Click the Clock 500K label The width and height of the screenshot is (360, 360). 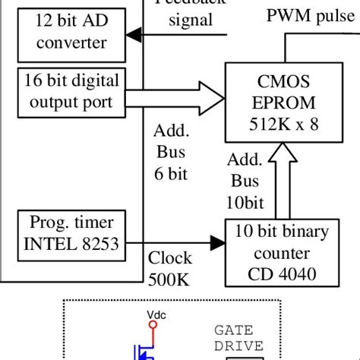click(x=171, y=268)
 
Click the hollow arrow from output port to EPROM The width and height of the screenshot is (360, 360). click(x=175, y=97)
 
